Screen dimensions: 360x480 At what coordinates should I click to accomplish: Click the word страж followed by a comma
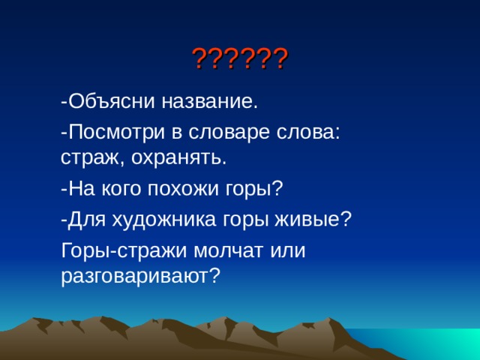[85, 158]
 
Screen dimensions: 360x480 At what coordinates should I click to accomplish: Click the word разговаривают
[134, 276]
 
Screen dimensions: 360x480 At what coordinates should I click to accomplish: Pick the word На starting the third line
[79, 188]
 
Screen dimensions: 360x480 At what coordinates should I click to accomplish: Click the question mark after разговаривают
[215, 276]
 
